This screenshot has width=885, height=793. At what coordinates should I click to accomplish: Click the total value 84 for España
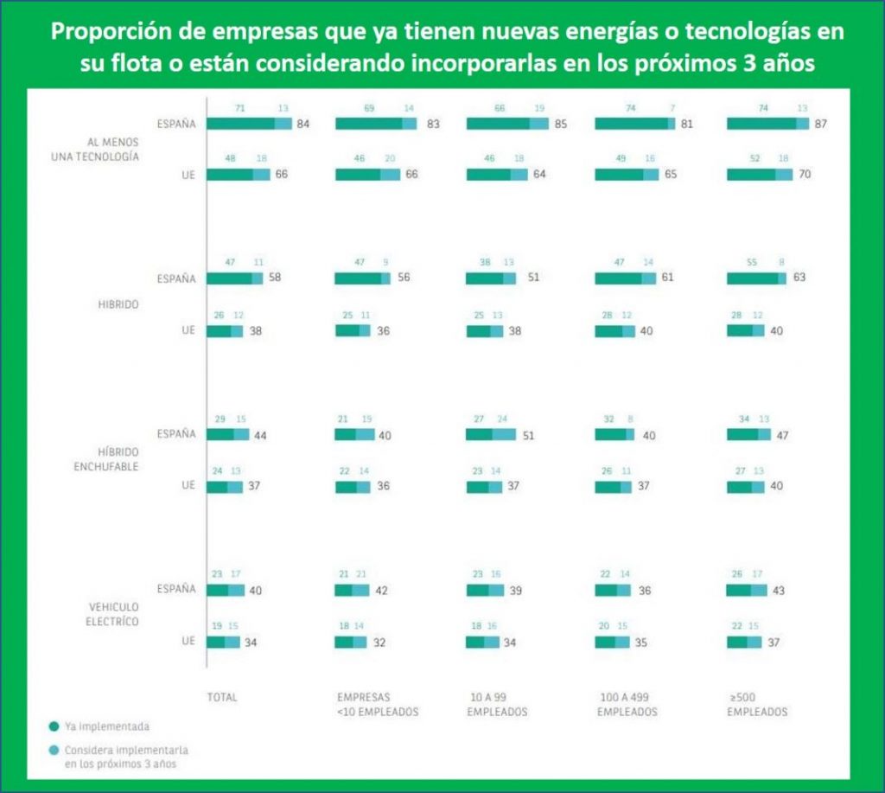point(302,124)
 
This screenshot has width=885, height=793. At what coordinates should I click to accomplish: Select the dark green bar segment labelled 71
point(240,124)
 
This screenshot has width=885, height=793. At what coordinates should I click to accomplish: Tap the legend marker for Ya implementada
point(54,726)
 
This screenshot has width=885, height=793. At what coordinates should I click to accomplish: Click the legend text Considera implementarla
point(127,749)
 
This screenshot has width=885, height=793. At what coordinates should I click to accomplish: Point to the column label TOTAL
point(222,696)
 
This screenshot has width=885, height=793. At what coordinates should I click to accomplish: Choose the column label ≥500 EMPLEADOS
point(757,704)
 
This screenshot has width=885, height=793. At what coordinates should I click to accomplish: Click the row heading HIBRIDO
point(119,304)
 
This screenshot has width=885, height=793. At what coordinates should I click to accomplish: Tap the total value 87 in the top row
point(822,124)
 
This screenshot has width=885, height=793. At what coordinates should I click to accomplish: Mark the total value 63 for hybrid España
point(799,278)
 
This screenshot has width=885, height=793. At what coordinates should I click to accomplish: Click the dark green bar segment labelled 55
point(752,278)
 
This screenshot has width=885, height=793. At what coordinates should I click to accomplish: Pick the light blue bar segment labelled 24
point(503,434)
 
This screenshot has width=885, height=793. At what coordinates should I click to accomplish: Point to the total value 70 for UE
point(805,175)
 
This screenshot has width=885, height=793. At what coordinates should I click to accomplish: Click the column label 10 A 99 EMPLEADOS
point(497,704)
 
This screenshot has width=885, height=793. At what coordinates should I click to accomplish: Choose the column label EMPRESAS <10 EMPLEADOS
point(378,704)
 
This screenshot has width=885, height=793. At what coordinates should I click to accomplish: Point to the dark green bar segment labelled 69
point(368,124)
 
